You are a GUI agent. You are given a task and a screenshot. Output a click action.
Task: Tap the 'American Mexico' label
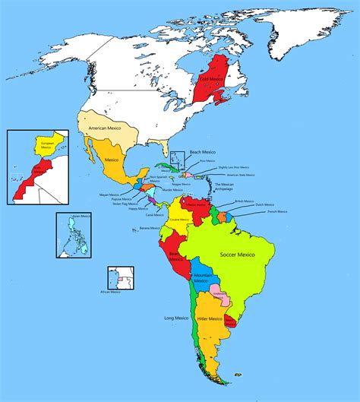(x=106, y=129)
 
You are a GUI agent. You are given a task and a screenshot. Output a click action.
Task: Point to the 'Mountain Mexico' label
(x=201, y=278)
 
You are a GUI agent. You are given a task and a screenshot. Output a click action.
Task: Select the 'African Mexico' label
(x=111, y=291)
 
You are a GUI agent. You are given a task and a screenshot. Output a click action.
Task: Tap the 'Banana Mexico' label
(x=150, y=228)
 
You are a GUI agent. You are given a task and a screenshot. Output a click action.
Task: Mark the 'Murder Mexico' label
(x=173, y=190)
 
